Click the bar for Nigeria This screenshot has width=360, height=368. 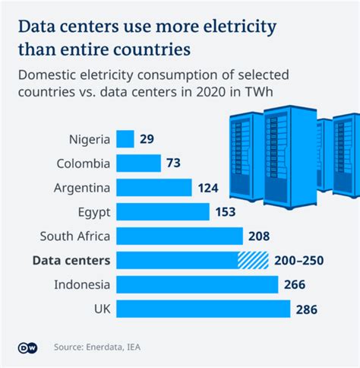click(125, 139)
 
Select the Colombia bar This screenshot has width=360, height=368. click(139, 163)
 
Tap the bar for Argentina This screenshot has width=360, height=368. click(155, 188)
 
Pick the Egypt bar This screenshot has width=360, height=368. click(163, 212)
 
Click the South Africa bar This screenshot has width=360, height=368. click(180, 236)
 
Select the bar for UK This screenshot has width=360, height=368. click(204, 309)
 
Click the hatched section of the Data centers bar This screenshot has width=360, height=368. click(254, 261)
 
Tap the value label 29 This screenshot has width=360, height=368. click(148, 140)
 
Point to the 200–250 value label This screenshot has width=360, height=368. click(299, 261)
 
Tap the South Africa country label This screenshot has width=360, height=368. click(74, 236)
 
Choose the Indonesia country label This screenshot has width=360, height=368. click(81, 285)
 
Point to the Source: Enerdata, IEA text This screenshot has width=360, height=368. click(96, 347)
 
